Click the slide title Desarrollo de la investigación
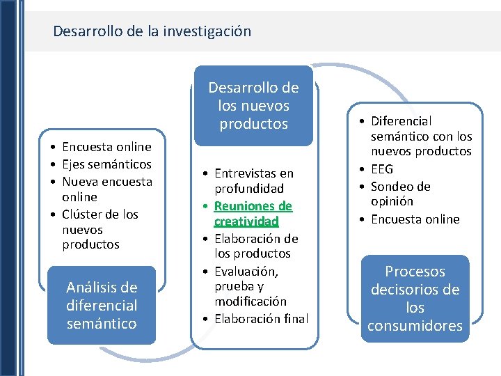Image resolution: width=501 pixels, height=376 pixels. [152, 31]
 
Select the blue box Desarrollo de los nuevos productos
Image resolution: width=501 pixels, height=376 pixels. [253, 106]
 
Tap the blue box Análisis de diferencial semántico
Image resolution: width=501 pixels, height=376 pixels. [102, 305]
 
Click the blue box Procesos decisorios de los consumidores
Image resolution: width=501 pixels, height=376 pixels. [415, 298]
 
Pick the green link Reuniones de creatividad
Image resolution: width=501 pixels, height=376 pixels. [253, 213]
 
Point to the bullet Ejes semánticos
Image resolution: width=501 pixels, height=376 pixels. [106, 164]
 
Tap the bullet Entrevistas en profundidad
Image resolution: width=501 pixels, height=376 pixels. [253, 180]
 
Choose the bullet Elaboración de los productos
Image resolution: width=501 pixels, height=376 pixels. [256, 246]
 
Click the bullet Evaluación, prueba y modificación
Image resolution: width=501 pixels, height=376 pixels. [250, 285]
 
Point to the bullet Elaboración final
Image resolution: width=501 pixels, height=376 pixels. [261, 319]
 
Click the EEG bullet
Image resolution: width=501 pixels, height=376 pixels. [382, 169]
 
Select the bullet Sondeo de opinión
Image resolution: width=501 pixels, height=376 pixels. [400, 194]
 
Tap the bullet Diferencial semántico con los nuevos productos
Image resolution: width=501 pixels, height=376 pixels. [420, 136]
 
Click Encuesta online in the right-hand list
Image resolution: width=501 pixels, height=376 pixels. [415, 219]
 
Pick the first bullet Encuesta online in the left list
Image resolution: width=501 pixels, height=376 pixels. [106, 147]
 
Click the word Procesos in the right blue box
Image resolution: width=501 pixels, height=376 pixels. [415, 272]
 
